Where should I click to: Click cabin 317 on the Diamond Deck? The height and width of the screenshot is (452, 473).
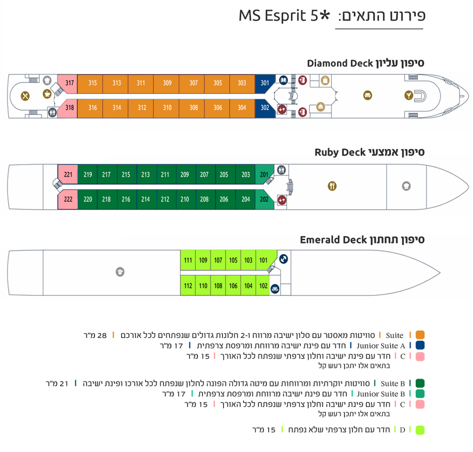tap(67, 82)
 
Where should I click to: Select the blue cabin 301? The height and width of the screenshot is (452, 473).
tap(264, 83)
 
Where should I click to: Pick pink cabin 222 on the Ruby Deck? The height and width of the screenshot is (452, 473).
tap(68, 199)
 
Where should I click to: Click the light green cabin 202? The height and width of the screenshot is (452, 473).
tap(264, 199)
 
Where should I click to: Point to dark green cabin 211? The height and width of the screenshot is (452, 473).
tap(165, 174)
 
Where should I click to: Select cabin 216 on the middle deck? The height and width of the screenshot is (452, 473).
tap(126, 199)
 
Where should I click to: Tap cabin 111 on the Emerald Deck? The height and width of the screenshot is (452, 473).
tap(187, 260)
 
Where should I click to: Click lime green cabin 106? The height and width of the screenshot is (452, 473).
tap(233, 285)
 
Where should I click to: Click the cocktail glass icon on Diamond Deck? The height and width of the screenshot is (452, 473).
tap(408, 95)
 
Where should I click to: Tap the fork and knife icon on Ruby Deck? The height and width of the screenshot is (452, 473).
tap(332, 186)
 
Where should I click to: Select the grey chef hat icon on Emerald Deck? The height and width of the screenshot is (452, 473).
tap(120, 272)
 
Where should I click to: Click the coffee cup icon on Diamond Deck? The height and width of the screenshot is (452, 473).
tap(47, 94)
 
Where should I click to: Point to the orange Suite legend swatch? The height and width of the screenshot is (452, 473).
tap(420, 335)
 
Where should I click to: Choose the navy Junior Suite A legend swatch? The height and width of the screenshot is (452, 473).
tap(420, 345)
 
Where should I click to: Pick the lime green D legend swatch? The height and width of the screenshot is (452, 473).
tap(420, 430)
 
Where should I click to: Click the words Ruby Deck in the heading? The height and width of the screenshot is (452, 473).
tap(340, 152)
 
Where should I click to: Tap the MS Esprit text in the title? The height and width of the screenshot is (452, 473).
tap(272, 15)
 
